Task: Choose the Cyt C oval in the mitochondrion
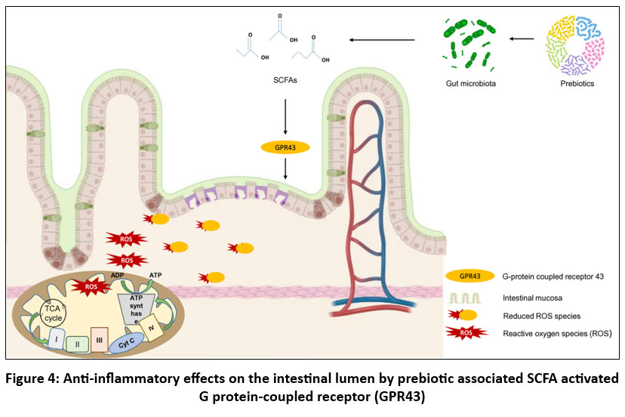coord(126,341)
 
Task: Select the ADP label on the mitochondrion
coord(118,275)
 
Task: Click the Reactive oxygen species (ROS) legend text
coord(556,332)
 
